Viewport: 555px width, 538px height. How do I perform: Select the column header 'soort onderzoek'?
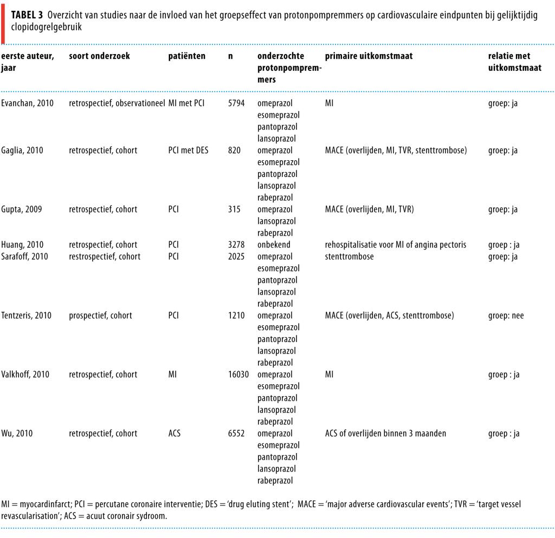[x=99, y=56]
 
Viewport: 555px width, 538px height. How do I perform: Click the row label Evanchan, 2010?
[x=27, y=103]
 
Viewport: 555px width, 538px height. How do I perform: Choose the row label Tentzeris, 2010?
[x=27, y=316]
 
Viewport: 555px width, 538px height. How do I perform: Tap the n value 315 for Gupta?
[x=234, y=209]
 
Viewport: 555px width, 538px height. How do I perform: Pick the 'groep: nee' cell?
[x=506, y=316]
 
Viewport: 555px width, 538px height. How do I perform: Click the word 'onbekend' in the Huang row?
[x=274, y=245]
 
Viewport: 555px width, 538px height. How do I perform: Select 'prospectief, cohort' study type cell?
[x=100, y=316]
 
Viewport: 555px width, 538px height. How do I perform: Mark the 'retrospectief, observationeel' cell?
[x=117, y=103]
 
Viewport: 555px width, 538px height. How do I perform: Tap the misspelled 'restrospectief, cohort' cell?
[x=105, y=257]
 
